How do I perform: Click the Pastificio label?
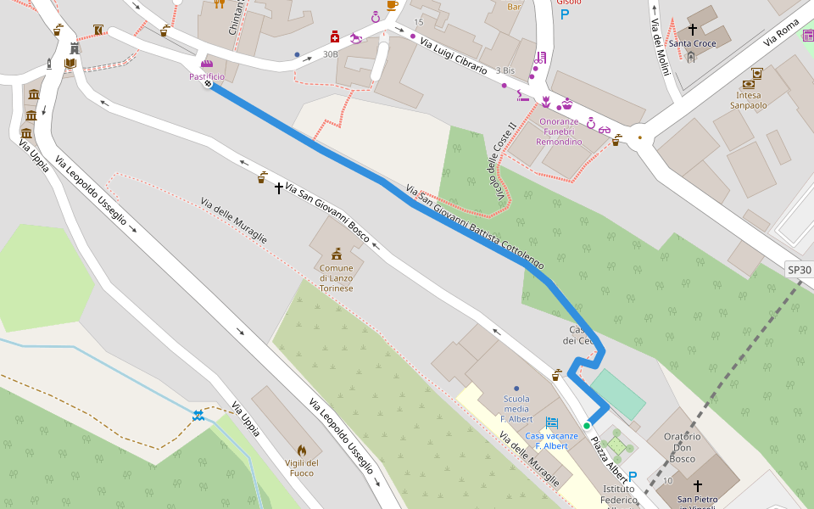point(207,76)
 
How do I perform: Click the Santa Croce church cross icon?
point(693,30)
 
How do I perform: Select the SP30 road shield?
point(799,270)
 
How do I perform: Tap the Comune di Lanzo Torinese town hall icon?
point(337,254)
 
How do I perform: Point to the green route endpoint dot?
point(586,425)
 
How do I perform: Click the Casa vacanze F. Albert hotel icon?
point(552,422)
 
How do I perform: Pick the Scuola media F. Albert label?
point(516,409)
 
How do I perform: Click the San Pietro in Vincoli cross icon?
point(698,486)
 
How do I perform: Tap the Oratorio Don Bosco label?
point(683,448)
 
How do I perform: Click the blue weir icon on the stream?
point(198,415)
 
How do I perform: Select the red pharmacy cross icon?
point(335,36)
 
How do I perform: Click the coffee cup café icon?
point(392,5)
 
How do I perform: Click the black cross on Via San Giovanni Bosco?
point(278,187)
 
